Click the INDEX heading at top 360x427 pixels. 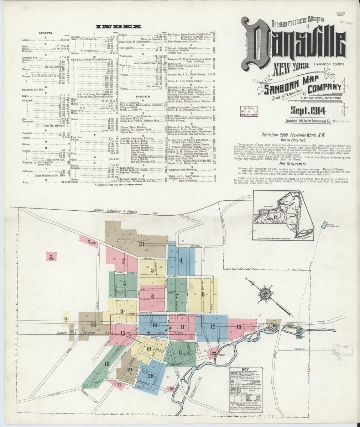[x=119, y=27]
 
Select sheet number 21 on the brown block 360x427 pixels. [x=142, y=244]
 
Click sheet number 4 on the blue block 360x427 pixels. [x=181, y=260]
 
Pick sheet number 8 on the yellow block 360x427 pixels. [x=203, y=294]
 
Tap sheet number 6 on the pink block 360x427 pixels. [x=152, y=297]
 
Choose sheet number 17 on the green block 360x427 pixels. [x=181, y=352]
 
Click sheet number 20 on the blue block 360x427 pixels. [x=150, y=375]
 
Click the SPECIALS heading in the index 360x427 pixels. [x=144, y=96]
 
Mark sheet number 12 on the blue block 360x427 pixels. [x=213, y=326]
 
